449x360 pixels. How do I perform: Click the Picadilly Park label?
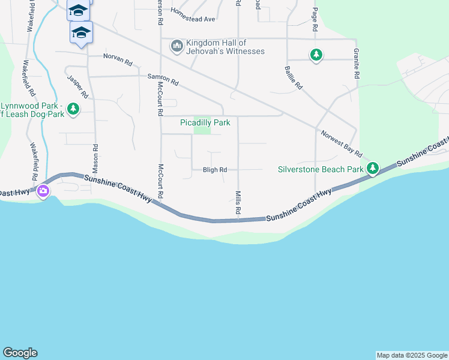click(x=205, y=123)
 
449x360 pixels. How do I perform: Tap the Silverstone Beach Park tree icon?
click(x=373, y=169)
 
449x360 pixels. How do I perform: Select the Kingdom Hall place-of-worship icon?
click(x=176, y=46)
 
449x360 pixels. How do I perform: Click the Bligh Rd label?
click(x=215, y=170)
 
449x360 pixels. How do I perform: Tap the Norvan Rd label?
click(x=118, y=59)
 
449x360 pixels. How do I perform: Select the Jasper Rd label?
click(x=78, y=86)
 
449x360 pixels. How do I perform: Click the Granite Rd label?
click(x=357, y=64)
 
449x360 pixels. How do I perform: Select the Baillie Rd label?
click(x=293, y=78)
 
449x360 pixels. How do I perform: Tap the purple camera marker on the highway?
click(x=43, y=191)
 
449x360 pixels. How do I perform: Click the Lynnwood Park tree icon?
click(x=73, y=109)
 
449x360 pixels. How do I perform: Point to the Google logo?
click(x=20, y=353)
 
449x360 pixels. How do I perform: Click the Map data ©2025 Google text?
click(x=412, y=355)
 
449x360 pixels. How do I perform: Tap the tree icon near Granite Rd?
click(x=316, y=56)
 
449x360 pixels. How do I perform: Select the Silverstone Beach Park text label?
click(x=321, y=169)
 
